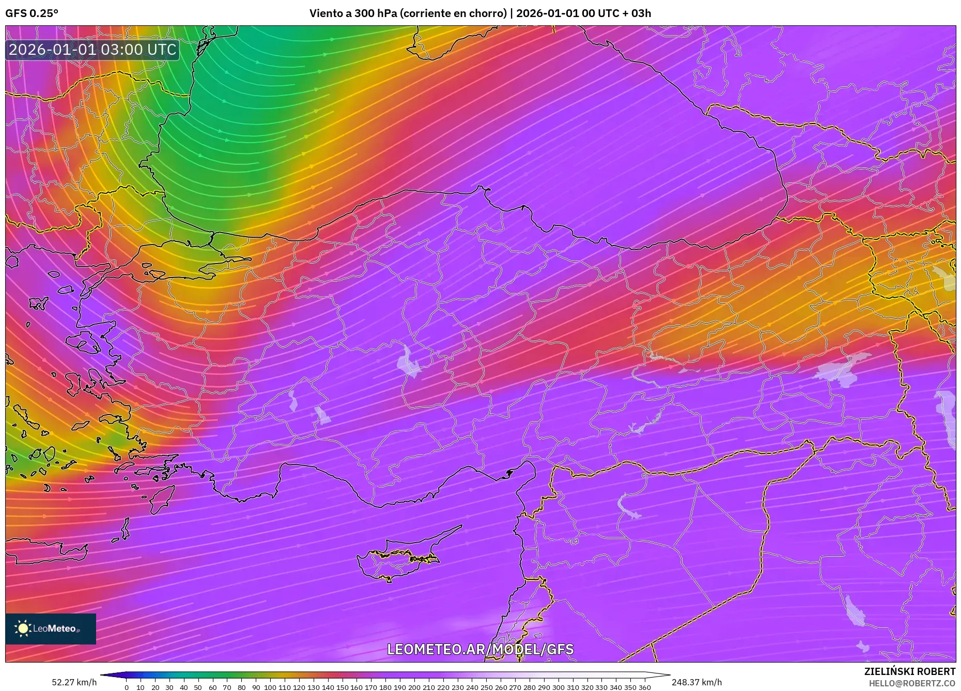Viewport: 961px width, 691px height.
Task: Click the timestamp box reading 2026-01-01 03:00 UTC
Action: [92, 50]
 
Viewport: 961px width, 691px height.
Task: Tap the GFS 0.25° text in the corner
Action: [32, 13]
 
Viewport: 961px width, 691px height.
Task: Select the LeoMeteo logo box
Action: [51, 628]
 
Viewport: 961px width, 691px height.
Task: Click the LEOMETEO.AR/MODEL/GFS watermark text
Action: [480, 649]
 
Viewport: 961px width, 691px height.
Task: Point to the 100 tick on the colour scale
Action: [270, 687]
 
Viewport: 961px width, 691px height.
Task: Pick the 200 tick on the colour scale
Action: [414, 687]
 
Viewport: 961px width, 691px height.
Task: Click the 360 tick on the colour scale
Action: [644, 687]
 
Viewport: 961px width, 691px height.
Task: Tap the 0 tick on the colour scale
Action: [127, 687]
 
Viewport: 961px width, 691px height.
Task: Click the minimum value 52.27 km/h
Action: [74, 682]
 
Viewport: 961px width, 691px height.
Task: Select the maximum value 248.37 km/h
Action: [696, 682]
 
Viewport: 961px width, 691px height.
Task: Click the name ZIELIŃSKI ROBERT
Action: [909, 671]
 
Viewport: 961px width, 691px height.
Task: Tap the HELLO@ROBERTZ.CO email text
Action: [911, 683]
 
